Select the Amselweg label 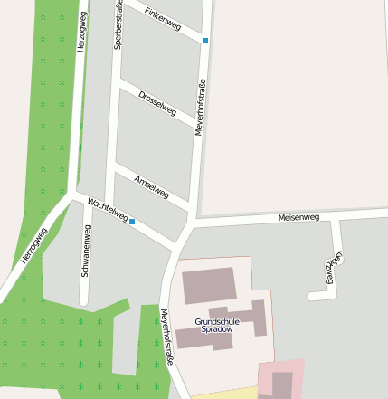151,185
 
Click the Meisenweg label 298,217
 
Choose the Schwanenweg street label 86,250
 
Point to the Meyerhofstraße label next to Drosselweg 200,107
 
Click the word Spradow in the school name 217,329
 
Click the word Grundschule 217,321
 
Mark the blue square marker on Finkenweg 205,41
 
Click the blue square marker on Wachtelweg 132,222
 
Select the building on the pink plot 282,385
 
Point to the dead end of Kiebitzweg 311,295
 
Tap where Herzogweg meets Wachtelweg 71,194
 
